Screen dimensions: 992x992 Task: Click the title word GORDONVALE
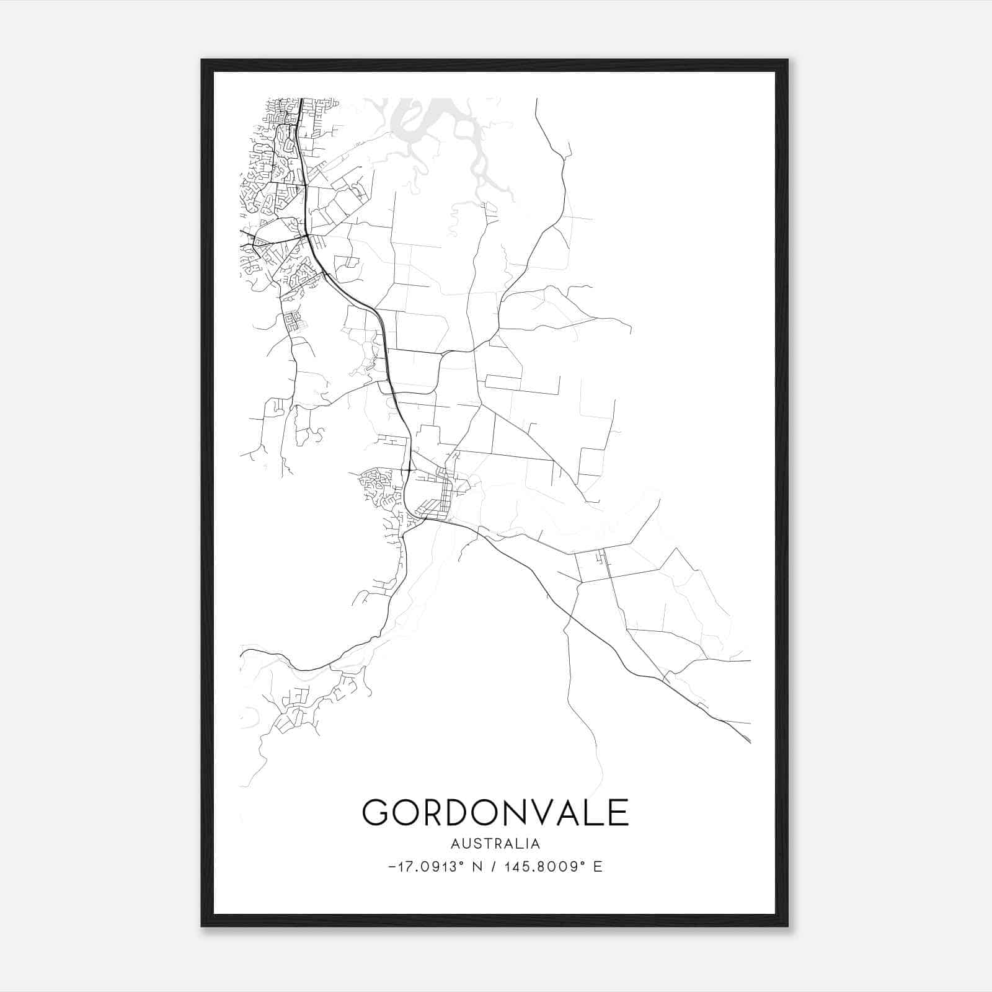point(495,812)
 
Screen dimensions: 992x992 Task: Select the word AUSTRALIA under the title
point(495,844)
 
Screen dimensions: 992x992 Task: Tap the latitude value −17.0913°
point(428,867)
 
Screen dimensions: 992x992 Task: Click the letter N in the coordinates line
point(477,867)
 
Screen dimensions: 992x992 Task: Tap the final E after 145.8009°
point(598,867)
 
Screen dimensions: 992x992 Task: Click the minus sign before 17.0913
point(392,867)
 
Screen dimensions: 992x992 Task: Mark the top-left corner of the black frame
point(202,60)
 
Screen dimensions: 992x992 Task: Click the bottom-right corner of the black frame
point(787,926)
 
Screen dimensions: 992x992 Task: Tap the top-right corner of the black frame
point(787,60)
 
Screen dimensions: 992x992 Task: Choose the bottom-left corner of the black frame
point(202,926)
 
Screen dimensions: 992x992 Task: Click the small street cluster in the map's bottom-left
point(298,707)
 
